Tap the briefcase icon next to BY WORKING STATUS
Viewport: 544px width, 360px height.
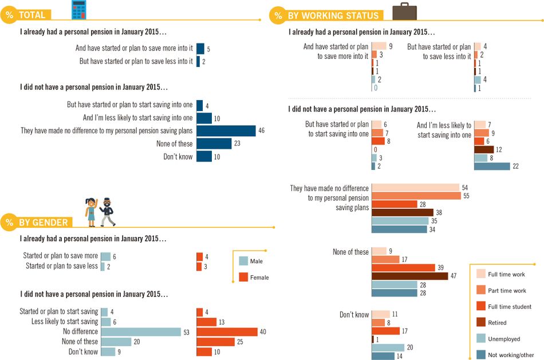tap(404, 11)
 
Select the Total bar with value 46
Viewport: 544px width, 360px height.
tap(226, 131)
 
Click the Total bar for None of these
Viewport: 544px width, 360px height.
tap(214, 144)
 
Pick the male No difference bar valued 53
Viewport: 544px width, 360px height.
tap(141, 331)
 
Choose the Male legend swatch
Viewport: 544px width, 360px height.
tap(243, 261)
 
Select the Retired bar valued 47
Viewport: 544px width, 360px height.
tap(409, 276)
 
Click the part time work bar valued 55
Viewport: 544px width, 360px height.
tap(416, 196)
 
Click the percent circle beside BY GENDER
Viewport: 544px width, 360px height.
tap(9, 222)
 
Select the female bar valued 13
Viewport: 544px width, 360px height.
tap(206, 322)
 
